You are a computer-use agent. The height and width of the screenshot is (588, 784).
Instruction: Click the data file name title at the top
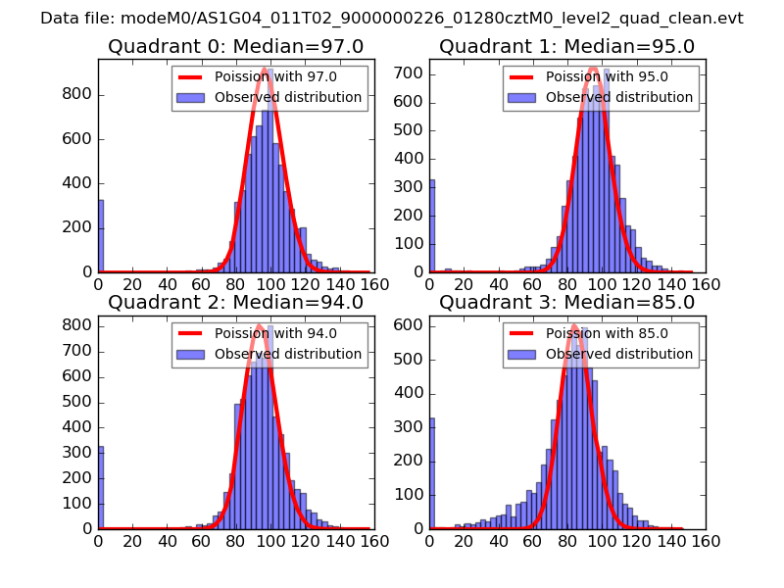point(392,19)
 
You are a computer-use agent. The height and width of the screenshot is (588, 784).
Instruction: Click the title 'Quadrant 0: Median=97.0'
point(235,46)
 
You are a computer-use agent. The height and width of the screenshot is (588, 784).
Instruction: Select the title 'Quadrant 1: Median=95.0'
point(566,46)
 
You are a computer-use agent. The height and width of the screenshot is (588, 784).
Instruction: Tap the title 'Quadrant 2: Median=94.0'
point(235,302)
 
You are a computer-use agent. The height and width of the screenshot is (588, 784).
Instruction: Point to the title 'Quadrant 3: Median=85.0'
point(566,302)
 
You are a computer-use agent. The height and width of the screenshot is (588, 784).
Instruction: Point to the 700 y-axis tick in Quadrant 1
point(410,73)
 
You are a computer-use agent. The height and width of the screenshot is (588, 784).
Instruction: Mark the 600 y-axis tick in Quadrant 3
point(410,324)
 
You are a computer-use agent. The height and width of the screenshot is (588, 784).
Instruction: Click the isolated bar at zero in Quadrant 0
point(100,236)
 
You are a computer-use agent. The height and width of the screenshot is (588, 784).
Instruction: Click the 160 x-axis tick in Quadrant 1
point(706,285)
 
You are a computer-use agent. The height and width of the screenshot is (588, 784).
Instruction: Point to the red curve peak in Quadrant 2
point(259,325)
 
